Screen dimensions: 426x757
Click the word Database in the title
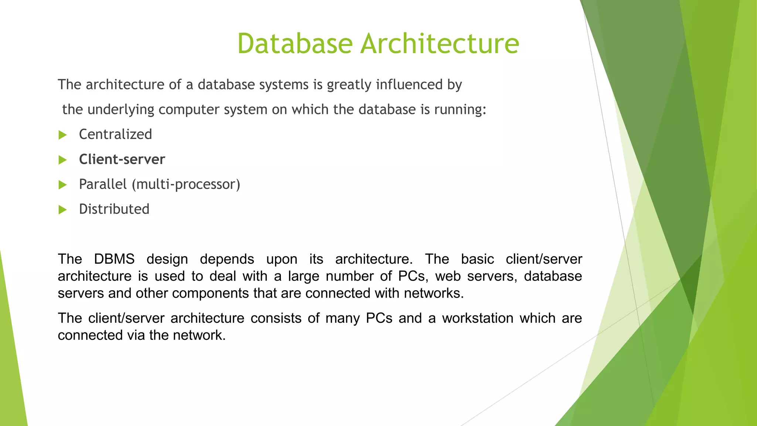click(x=295, y=44)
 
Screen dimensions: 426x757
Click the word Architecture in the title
click(x=439, y=44)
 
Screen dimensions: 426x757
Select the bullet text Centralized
click(x=115, y=134)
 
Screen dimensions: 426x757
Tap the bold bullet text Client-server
click(x=122, y=159)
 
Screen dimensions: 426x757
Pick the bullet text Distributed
click(x=114, y=209)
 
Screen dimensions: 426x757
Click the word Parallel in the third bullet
click(x=103, y=184)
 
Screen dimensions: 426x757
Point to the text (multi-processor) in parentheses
click(x=186, y=184)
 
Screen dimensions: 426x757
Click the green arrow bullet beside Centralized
click(x=62, y=135)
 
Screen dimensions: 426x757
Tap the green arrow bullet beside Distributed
click(x=62, y=210)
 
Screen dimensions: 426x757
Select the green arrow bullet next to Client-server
click(x=62, y=160)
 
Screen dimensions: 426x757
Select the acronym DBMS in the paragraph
click(x=114, y=259)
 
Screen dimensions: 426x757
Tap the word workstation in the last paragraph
click(x=478, y=318)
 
